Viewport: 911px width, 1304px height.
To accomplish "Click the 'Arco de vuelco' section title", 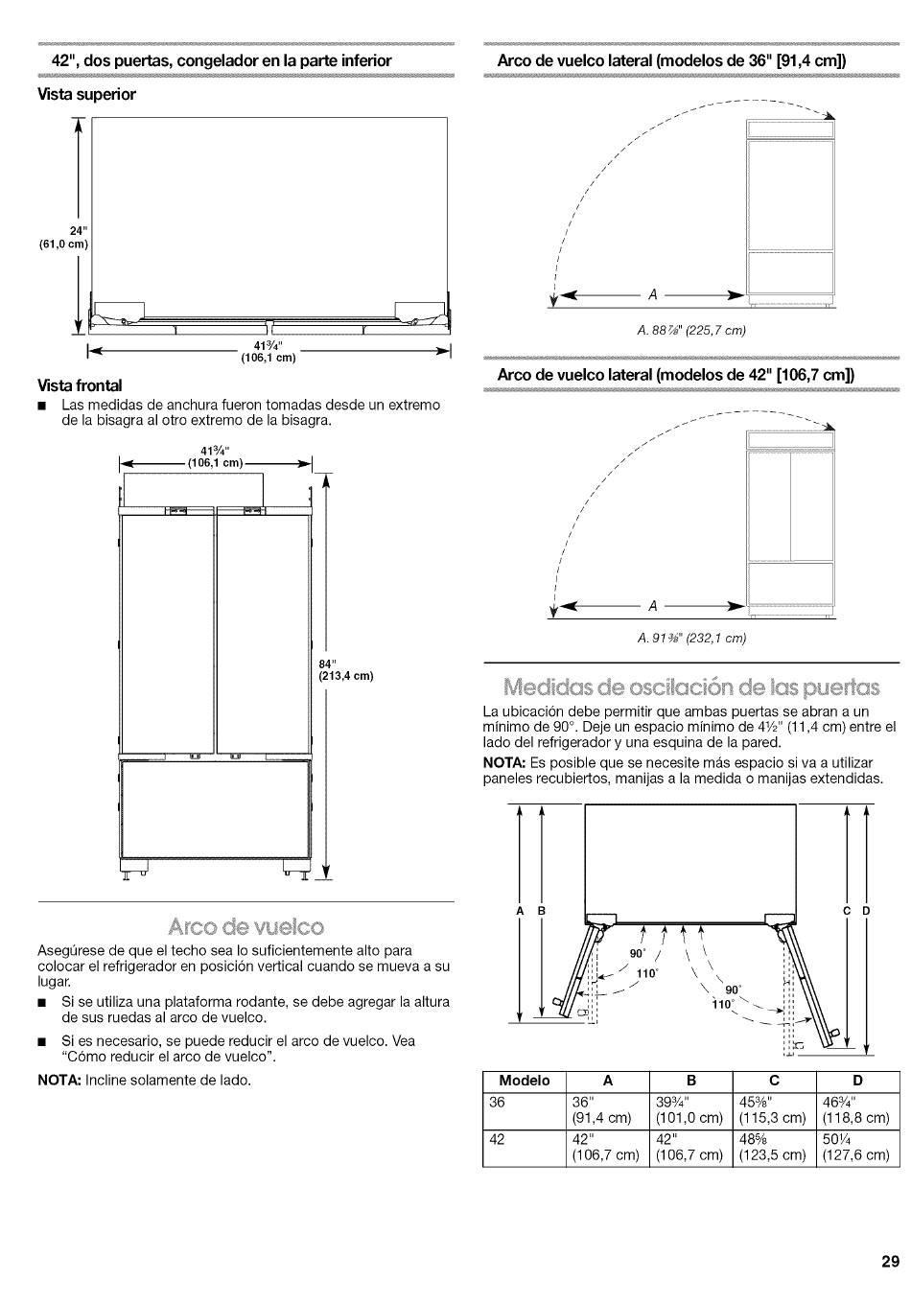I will [245, 927].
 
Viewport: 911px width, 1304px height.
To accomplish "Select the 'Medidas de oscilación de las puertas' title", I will [691, 687].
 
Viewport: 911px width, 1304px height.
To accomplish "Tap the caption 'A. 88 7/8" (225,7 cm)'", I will [691, 331].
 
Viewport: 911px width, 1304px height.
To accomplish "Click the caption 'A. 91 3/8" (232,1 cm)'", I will [691, 638].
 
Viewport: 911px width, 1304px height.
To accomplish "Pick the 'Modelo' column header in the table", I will [526, 1081].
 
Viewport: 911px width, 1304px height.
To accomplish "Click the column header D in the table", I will [857, 1081].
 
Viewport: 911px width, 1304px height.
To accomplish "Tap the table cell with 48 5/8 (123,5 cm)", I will [773, 1148].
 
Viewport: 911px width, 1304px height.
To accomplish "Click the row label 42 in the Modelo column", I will [497, 1140].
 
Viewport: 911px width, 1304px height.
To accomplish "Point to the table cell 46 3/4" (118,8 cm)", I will [857, 1110].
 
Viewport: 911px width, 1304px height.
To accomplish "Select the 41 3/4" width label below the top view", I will [269, 353].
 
